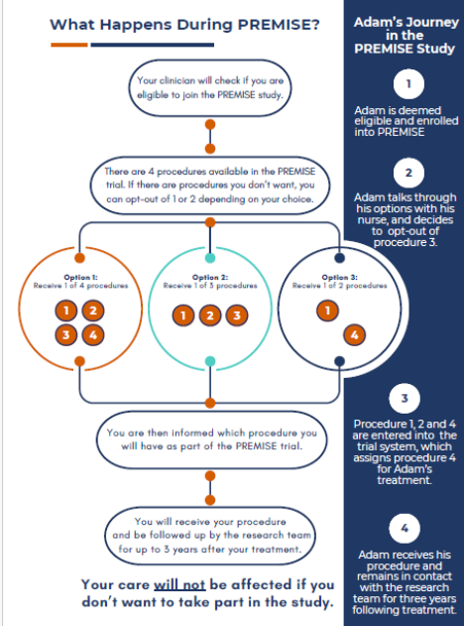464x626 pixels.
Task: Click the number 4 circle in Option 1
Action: coord(93,334)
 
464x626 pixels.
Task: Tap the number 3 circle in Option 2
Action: coord(237,315)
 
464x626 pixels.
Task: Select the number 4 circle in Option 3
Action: coord(354,335)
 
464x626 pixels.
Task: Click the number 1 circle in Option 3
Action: coord(327,311)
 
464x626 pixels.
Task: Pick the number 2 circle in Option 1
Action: coord(93,311)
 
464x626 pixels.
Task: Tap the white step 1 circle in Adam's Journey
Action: coord(408,84)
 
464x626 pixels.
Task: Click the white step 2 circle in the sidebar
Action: coord(408,173)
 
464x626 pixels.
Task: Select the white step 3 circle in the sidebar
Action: coord(405,398)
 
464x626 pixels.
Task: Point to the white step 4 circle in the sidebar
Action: coord(405,528)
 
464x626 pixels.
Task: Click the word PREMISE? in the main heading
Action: coord(279,25)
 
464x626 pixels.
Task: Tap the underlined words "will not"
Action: coord(179,585)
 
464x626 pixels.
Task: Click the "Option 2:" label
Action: coord(210,277)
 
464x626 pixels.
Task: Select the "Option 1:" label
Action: coord(80,277)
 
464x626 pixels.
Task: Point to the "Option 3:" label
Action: coord(339,277)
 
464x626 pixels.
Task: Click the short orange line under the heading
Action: coord(69,45)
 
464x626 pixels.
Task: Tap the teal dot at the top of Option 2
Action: coord(210,258)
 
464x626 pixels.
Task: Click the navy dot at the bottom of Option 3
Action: coord(339,361)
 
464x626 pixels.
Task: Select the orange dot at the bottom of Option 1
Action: coord(79,361)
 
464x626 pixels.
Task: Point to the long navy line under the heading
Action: coord(153,45)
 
